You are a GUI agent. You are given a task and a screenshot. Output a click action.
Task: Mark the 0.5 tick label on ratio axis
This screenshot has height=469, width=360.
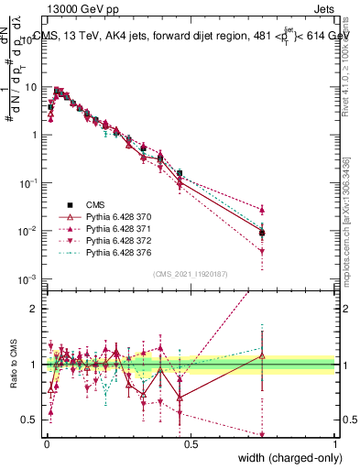click(30, 420)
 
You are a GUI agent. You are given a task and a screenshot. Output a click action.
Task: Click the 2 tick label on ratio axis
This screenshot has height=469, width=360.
click(35, 309)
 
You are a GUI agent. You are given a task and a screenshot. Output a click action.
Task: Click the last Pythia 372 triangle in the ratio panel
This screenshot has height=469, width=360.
click(263, 435)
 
